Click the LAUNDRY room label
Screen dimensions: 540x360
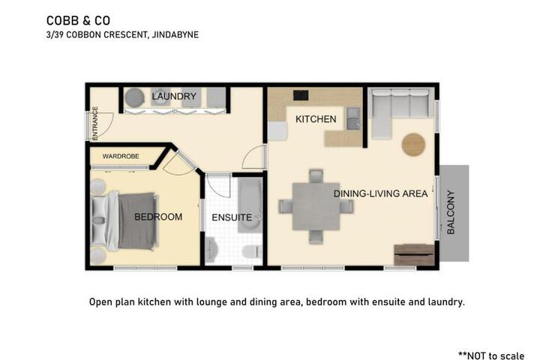coord(174,97)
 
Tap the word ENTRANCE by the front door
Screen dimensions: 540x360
coord(95,123)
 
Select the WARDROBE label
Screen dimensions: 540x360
coord(121,157)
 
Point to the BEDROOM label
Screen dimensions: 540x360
coord(158,217)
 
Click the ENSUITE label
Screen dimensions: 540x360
coord(232,217)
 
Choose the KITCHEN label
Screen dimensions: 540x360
coord(316,119)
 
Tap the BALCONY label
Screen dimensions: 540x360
coord(451,212)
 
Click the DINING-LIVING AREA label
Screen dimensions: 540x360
coord(380,193)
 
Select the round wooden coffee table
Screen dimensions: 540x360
coord(413,145)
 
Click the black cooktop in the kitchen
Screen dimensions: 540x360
coord(301,95)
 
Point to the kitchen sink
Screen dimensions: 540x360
coord(353,118)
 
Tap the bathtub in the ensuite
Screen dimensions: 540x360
coord(250,205)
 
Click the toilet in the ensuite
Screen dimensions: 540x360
coord(252,252)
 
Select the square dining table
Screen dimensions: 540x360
coord(316,207)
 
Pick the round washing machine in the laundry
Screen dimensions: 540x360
coord(134,97)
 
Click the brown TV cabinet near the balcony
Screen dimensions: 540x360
coord(414,255)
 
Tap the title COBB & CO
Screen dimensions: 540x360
coord(78,21)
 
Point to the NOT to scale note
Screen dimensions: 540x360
coord(491,355)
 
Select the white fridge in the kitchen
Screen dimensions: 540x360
coord(277,131)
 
